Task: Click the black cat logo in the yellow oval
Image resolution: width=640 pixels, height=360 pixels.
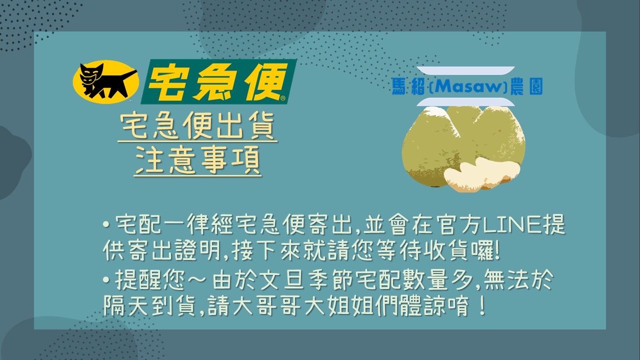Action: pyautogui.click(x=105, y=81)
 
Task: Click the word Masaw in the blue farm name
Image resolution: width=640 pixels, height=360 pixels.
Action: pyautogui.click(x=468, y=86)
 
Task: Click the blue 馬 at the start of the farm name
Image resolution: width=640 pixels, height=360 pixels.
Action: pyautogui.click(x=399, y=86)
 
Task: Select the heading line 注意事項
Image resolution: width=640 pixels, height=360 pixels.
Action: pyautogui.click(x=197, y=159)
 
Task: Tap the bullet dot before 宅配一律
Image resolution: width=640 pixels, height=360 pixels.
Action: pyautogui.click(x=106, y=224)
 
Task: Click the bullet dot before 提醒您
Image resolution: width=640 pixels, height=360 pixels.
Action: pyautogui.click(x=106, y=279)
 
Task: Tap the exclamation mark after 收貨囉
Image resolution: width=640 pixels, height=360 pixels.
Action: pyautogui.click(x=497, y=250)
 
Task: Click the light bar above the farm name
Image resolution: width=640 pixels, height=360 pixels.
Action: pyautogui.click(x=465, y=70)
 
